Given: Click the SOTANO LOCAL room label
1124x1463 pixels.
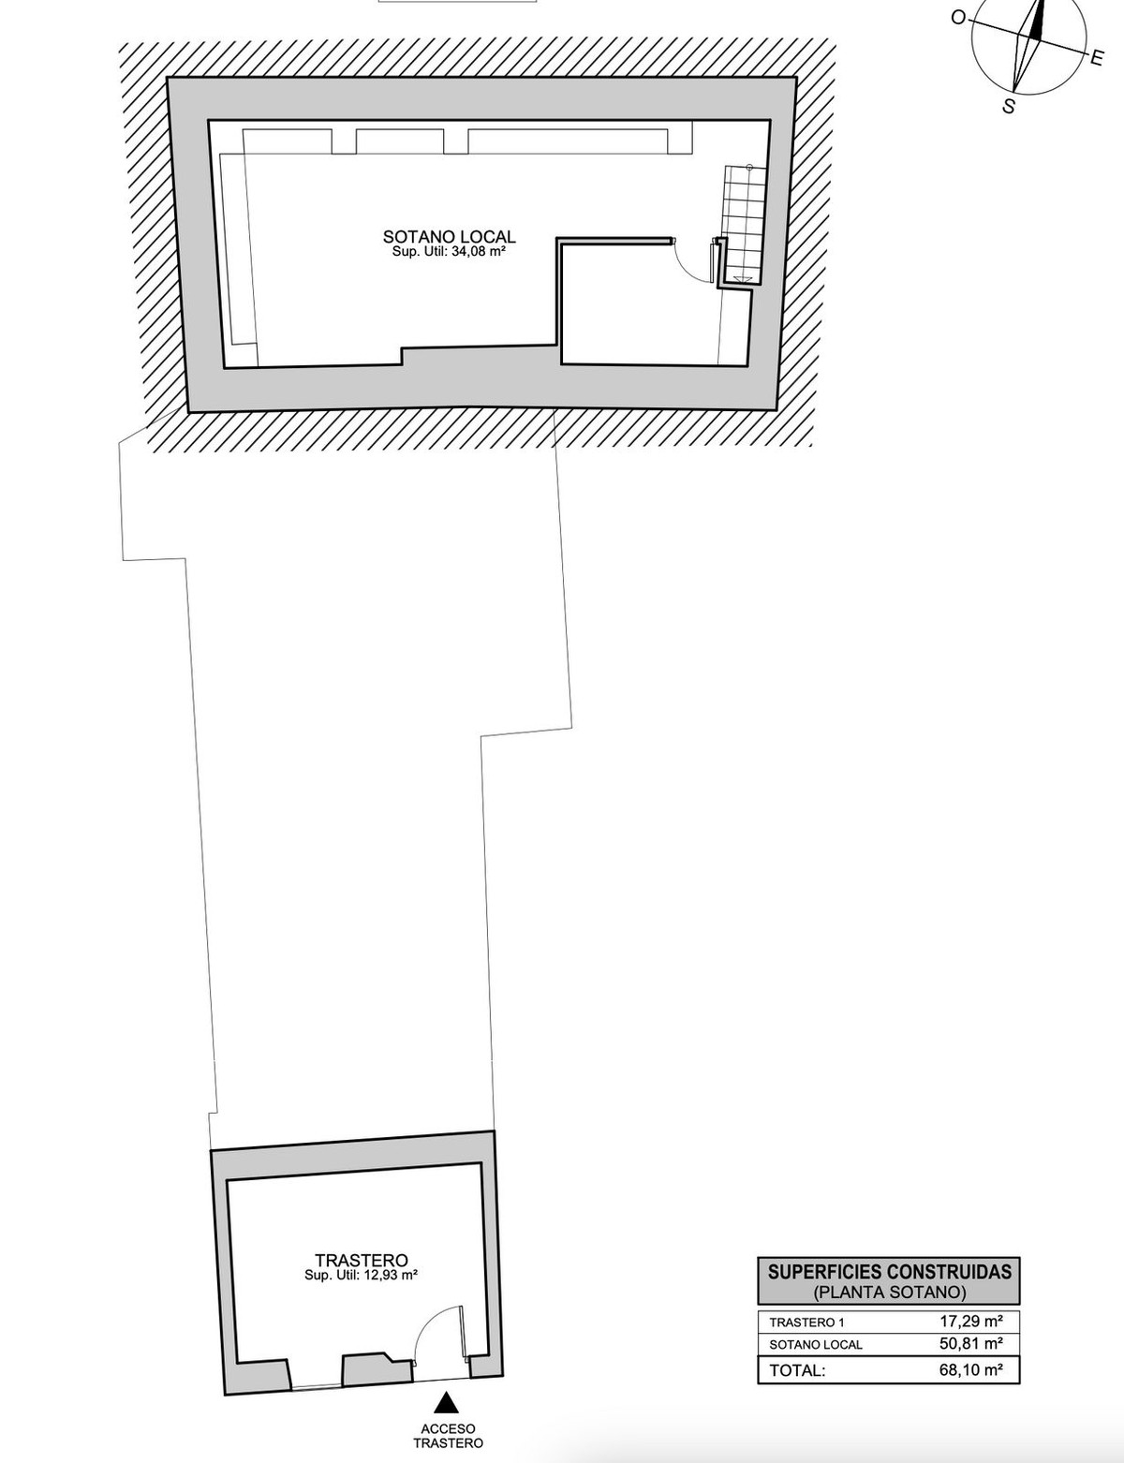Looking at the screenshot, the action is [449, 236].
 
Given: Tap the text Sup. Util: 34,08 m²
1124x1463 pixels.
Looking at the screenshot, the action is [449, 253].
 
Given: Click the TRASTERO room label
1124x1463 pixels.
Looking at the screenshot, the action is [362, 1260].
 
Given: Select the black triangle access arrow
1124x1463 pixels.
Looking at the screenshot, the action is [446, 1403].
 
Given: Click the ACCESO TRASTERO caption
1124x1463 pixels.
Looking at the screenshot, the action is [449, 1436].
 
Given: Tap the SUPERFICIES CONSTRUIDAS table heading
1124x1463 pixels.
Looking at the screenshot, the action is [889, 1273].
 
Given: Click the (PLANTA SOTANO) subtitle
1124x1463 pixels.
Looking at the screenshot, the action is [889, 1292].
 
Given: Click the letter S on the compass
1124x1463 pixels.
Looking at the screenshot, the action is [1009, 106].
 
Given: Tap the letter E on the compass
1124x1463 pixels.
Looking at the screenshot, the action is [1097, 59].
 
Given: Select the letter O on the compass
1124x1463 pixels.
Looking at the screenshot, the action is [958, 18].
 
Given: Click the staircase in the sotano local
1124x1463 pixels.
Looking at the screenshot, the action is [743, 224].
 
